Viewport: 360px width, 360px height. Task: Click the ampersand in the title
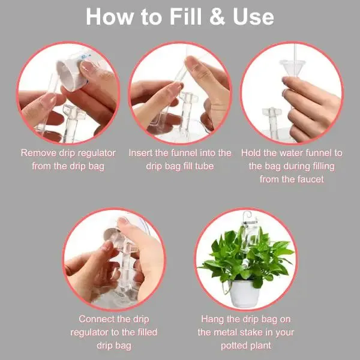pos(217,17)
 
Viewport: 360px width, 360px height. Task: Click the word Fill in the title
pos(185,17)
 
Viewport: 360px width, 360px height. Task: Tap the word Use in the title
pos(253,17)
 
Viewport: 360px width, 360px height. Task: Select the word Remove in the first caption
pos(38,153)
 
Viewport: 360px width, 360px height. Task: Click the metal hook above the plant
pos(247,217)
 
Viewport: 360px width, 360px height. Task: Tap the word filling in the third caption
pos(324,166)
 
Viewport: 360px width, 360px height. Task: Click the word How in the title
pos(110,17)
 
